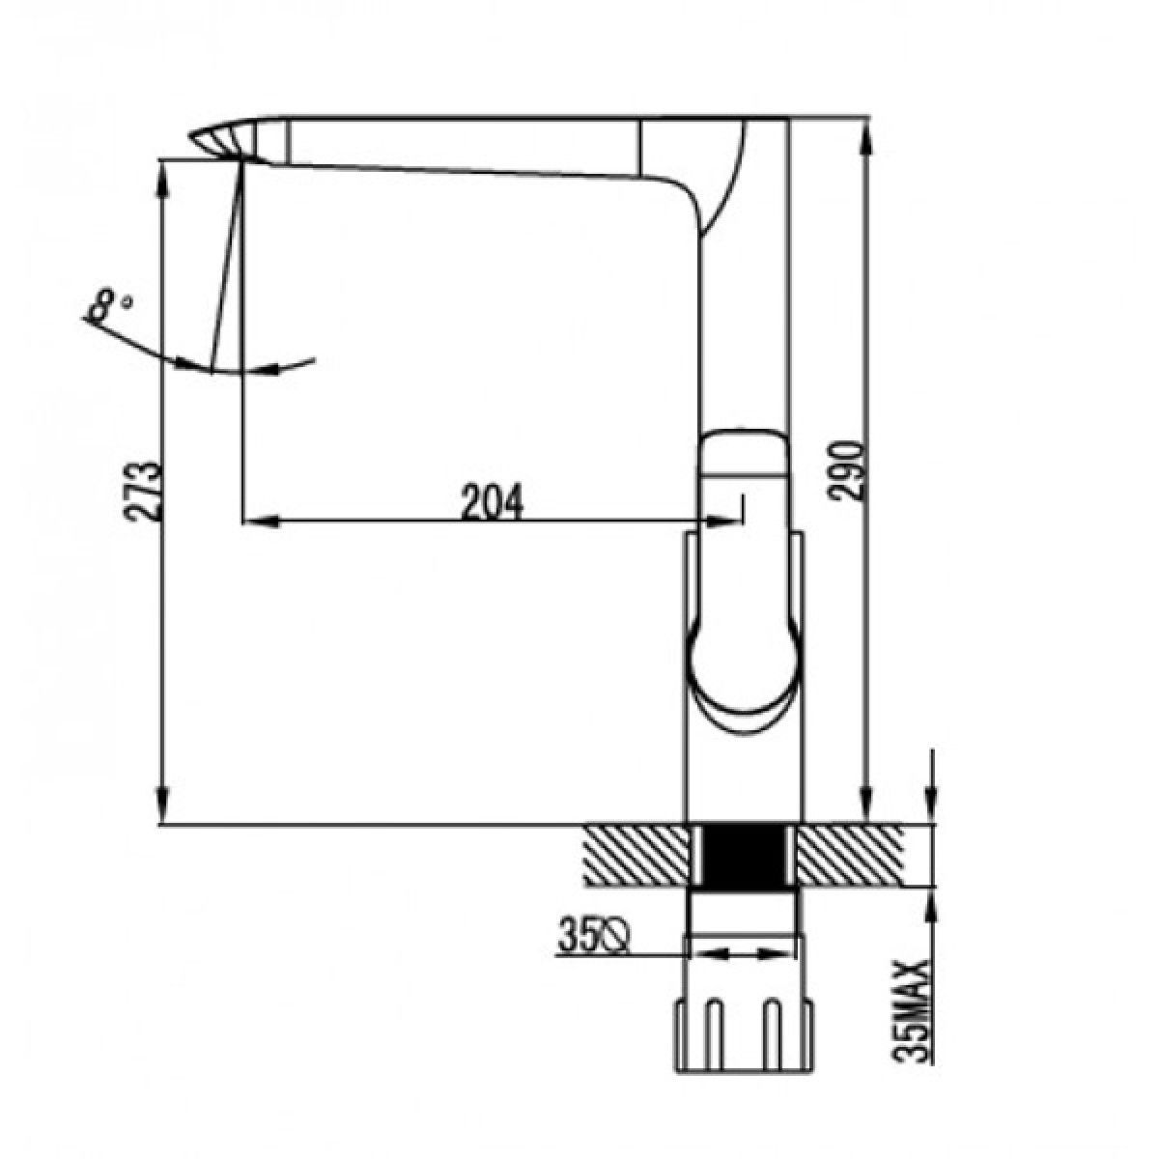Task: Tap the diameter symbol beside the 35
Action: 611,950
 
